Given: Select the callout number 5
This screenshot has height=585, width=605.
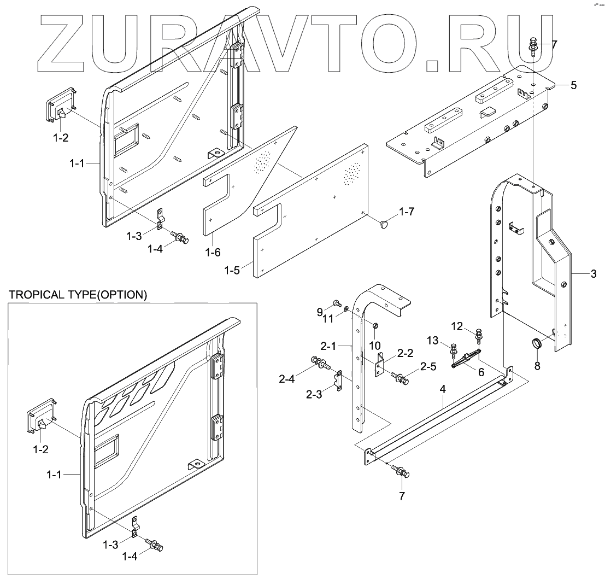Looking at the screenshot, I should pyautogui.click(x=573, y=85).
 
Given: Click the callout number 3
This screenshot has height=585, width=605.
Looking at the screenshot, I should pyautogui.click(x=594, y=274).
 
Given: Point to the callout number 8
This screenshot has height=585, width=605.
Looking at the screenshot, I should pyautogui.click(x=537, y=366).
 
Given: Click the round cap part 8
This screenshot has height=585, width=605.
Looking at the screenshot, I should pyautogui.click(x=536, y=344).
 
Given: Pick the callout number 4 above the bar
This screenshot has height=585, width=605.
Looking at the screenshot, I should pyautogui.click(x=443, y=389).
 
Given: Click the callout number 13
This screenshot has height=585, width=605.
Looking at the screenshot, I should pyautogui.click(x=432, y=341).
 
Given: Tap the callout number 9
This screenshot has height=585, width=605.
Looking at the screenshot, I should pyautogui.click(x=320, y=312).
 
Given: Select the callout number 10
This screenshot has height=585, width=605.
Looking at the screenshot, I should pyautogui.click(x=375, y=346).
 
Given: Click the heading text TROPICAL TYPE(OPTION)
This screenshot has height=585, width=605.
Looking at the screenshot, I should pyautogui.click(x=78, y=295).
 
